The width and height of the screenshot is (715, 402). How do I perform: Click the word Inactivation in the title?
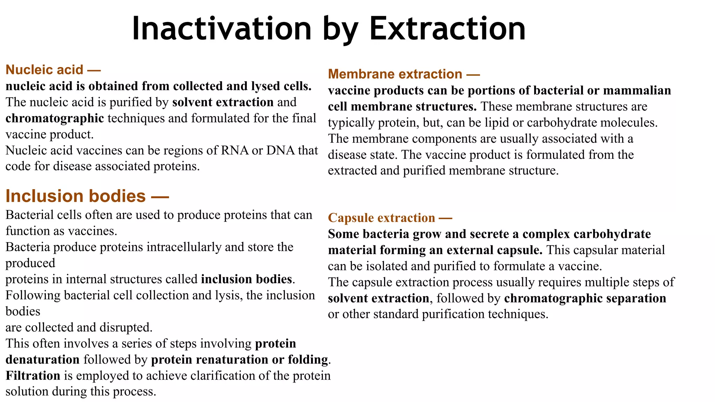(221, 29)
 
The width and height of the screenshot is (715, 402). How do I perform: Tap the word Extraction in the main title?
(447, 29)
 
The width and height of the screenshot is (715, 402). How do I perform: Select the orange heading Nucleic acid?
(44, 70)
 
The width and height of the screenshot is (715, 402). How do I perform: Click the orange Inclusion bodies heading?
(75, 196)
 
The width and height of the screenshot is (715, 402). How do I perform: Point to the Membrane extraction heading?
(395, 74)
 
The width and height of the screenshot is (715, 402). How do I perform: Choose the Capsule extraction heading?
(382, 218)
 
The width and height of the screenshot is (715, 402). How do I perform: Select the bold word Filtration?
(33, 375)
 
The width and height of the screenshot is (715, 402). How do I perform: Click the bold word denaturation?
(43, 359)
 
